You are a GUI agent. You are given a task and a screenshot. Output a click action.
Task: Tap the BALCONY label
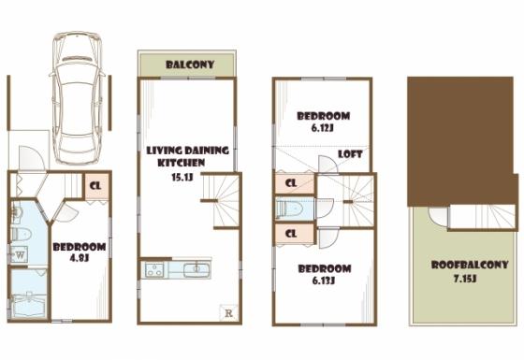190,65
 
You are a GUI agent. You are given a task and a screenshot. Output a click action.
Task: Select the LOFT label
350,154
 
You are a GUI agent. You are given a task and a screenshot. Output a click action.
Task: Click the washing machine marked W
20,252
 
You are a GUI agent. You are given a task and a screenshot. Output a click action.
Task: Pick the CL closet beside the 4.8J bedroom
95,185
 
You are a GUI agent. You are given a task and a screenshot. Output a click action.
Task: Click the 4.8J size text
78,261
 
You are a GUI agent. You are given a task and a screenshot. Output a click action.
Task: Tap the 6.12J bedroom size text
323,130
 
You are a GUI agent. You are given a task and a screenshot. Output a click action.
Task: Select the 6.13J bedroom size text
324,279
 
